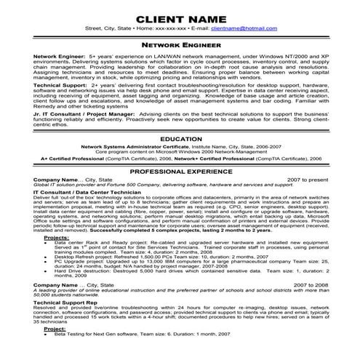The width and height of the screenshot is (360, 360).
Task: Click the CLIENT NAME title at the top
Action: tap(180, 15)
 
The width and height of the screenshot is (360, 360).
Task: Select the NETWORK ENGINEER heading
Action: tap(180, 44)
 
